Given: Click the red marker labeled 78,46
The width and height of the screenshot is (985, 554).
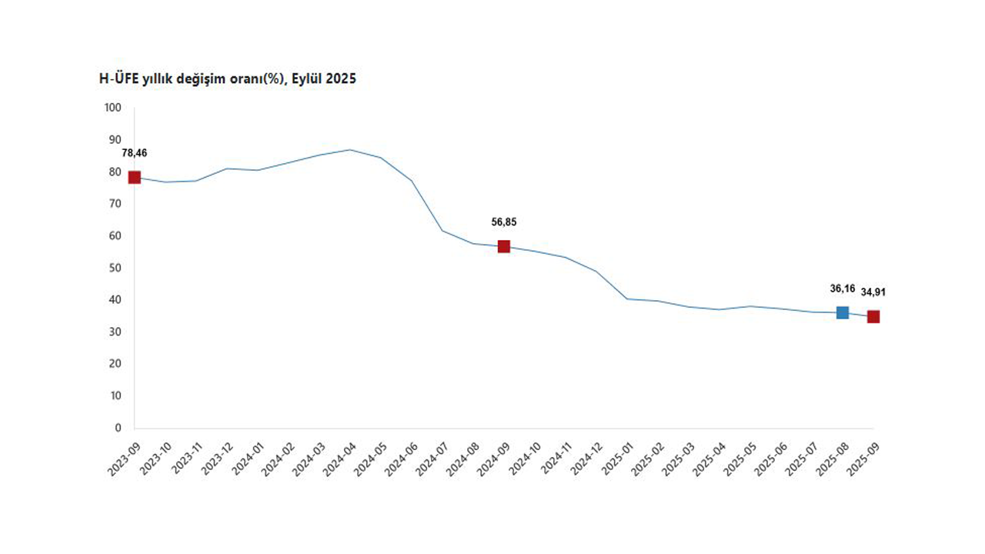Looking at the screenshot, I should pyautogui.click(x=135, y=178).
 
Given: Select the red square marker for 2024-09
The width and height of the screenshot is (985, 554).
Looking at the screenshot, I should pyautogui.click(x=504, y=246).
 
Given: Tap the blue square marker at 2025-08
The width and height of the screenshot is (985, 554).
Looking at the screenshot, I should pyautogui.click(x=843, y=312).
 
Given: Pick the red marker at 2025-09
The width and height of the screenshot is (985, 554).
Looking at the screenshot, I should pyautogui.click(x=873, y=316).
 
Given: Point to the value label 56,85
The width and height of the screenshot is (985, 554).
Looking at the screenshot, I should pyautogui.click(x=504, y=222).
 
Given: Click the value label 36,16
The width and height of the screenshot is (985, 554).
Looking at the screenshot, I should pyautogui.click(x=843, y=289).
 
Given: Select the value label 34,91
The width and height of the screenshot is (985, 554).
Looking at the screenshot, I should pyautogui.click(x=873, y=292).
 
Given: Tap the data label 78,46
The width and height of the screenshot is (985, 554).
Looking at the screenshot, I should pyautogui.click(x=135, y=153).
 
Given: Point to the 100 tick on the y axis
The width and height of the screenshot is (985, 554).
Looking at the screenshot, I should pyautogui.click(x=113, y=108).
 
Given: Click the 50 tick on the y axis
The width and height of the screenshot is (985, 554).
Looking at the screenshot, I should pyautogui.click(x=115, y=268).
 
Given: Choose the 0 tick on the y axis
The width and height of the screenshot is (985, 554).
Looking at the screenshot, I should pyautogui.click(x=118, y=428).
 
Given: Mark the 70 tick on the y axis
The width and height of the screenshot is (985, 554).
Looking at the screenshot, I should pyautogui.click(x=115, y=204).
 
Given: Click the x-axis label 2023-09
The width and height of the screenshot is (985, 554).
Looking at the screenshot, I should pyautogui.click(x=124, y=459).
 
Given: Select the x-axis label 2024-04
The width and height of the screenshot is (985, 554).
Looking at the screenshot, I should pyautogui.click(x=339, y=459).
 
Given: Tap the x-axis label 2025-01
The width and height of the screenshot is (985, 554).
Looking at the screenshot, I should pyautogui.click(x=616, y=459).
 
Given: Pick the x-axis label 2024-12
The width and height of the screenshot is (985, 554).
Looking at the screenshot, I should pyautogui.click(x=586, y=459).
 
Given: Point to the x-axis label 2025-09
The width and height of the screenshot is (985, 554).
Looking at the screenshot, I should pyautogui.click(x=863, y=459).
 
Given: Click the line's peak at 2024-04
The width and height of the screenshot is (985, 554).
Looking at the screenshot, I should pyautogui.click(x=350, y=149).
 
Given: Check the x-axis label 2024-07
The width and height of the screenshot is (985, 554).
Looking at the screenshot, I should pyautogui.click(x=432, y=459).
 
